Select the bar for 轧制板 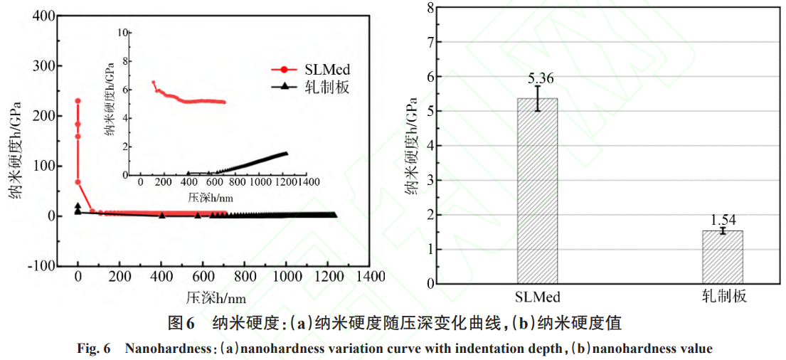click(723, 257)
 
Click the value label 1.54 click(723, 220)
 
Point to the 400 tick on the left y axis click(44, 16)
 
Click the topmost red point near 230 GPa click(78, 101)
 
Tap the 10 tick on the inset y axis click(123, 33)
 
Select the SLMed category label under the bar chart click(537, 296)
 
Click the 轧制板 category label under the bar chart click(723, 296)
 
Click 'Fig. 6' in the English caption click(93, 349)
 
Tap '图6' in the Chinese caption click(181, 324)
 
